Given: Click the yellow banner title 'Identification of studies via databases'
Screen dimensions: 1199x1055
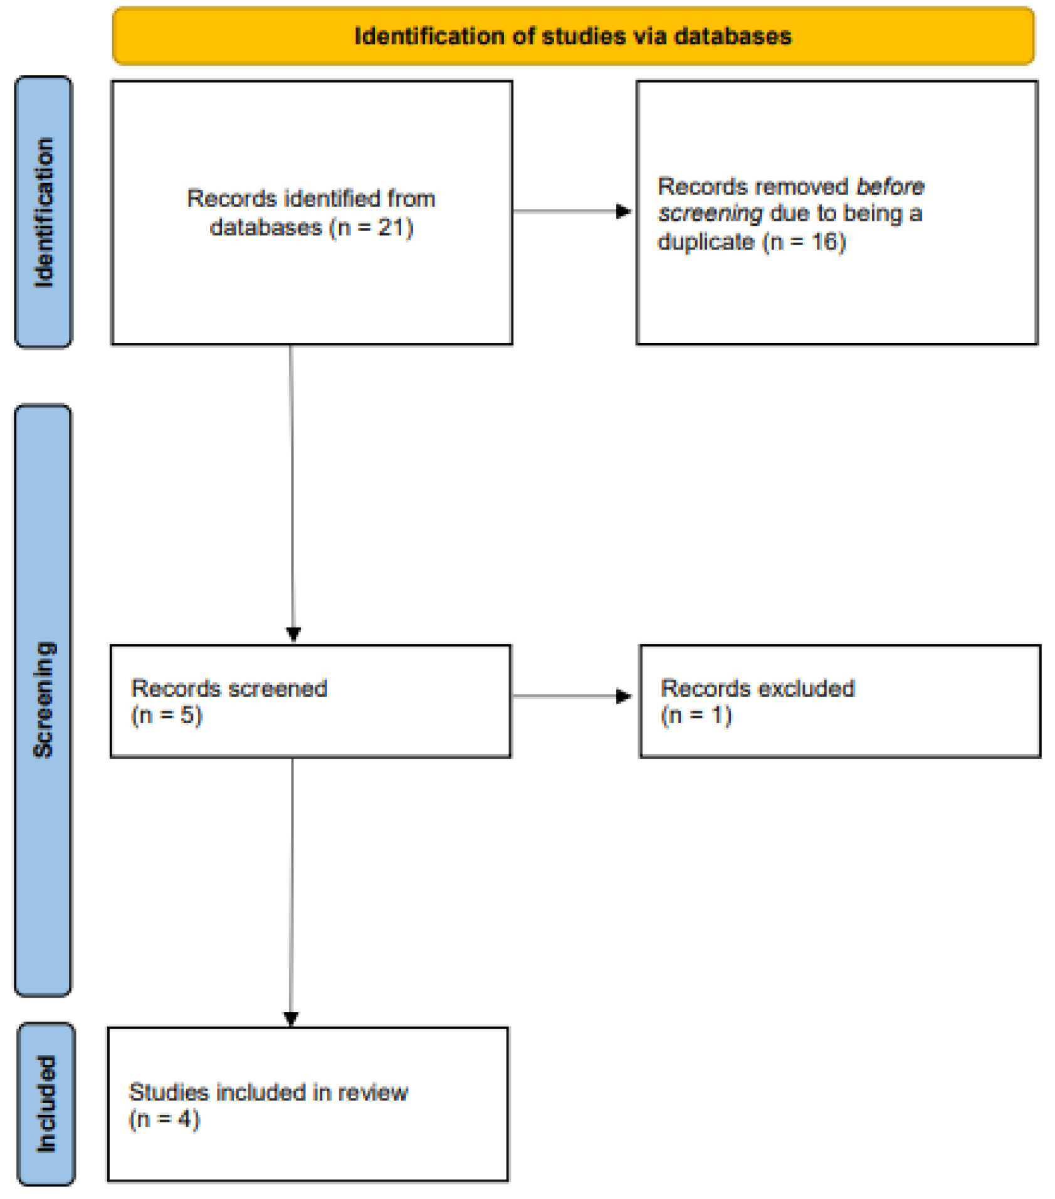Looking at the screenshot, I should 572,36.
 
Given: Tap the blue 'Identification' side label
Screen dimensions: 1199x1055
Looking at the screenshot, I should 43,212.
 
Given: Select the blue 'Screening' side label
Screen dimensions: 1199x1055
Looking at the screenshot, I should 43,699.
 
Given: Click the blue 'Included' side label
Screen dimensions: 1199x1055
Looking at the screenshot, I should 46,1104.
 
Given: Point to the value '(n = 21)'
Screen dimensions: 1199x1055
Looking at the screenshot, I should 371,227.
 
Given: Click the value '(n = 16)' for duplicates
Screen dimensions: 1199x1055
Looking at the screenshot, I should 804,241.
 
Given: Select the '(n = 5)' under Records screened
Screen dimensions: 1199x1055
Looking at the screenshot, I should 167,715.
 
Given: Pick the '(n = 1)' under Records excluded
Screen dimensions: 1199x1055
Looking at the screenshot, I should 696,715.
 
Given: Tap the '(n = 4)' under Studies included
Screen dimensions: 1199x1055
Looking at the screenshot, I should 164,1119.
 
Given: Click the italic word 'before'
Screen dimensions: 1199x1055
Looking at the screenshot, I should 890,186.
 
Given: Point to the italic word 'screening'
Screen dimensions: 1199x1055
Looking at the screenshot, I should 710,214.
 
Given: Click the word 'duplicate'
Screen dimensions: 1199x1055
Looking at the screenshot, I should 705,241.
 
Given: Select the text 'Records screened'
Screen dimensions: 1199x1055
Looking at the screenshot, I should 229,688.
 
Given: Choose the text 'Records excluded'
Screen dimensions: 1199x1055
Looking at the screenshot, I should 757,688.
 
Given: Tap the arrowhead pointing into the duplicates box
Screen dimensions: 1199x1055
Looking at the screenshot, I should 624,211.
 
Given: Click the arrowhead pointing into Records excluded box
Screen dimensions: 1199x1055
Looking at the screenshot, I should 624,696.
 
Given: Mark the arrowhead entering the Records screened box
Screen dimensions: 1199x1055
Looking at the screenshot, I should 293,633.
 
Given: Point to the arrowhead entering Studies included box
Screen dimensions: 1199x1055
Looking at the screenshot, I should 291,1019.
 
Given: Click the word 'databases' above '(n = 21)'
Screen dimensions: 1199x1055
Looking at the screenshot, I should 266,227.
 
